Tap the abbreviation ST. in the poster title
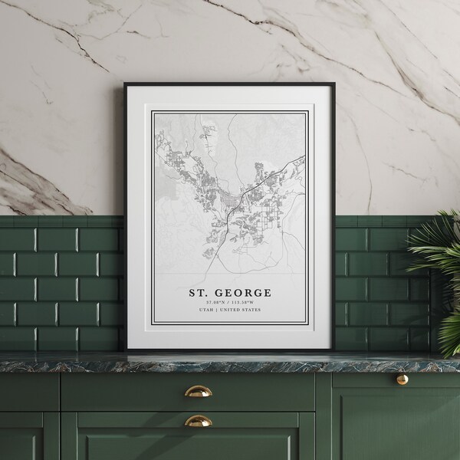coord(199,293)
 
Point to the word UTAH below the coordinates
coord(206,310)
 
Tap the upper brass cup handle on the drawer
coord(198,391)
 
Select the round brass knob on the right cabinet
coord(402,379)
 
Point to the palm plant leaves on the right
coord(437,261)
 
